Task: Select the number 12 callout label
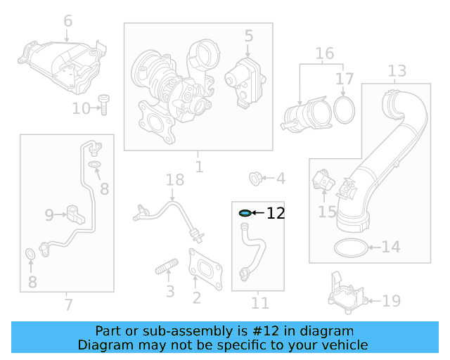276,213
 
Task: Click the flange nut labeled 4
257,178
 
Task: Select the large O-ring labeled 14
350,247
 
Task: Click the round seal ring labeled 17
344,109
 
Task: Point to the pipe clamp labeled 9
76,212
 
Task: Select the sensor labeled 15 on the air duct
323,181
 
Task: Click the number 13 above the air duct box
397,71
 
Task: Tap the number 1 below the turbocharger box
199,167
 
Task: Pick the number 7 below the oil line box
67,304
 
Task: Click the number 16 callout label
324,53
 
